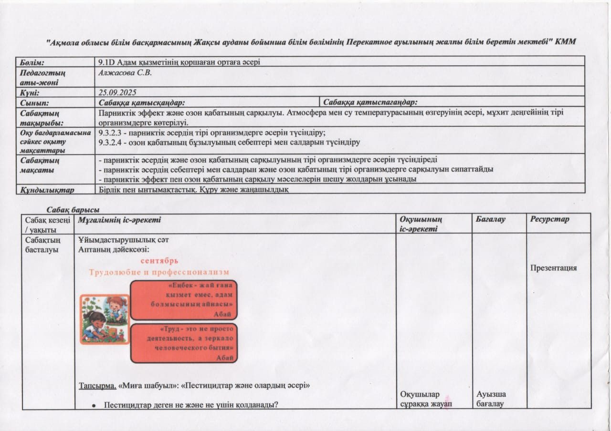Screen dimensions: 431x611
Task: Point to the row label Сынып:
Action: point(34,103)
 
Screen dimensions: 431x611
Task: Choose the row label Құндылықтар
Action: point(47,190)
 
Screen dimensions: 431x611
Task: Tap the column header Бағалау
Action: point(491,219)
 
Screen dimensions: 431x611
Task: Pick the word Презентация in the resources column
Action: point(553,268)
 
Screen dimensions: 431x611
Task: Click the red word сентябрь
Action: point(159,261)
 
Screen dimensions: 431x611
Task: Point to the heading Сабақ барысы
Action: point(73,209)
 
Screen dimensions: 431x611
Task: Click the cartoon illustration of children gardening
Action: point(104,319)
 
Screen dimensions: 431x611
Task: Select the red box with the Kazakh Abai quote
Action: point(184,300)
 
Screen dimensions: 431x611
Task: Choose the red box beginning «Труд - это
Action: point(184,343)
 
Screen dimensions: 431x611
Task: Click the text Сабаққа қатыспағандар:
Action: point(370,103)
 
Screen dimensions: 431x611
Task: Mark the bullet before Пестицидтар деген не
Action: point(95,405)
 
